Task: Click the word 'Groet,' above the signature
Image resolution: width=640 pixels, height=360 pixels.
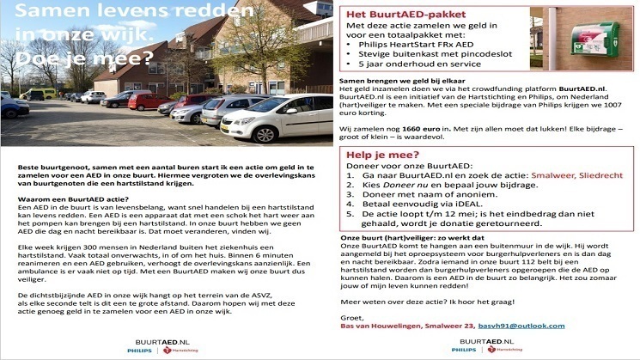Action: pyautogui.click(x=352, y=316)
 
